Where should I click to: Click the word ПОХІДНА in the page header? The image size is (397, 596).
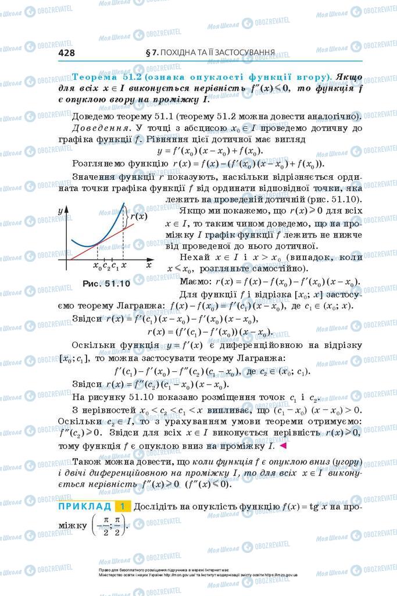pos(182,52)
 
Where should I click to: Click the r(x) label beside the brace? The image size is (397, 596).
pos(138,216)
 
